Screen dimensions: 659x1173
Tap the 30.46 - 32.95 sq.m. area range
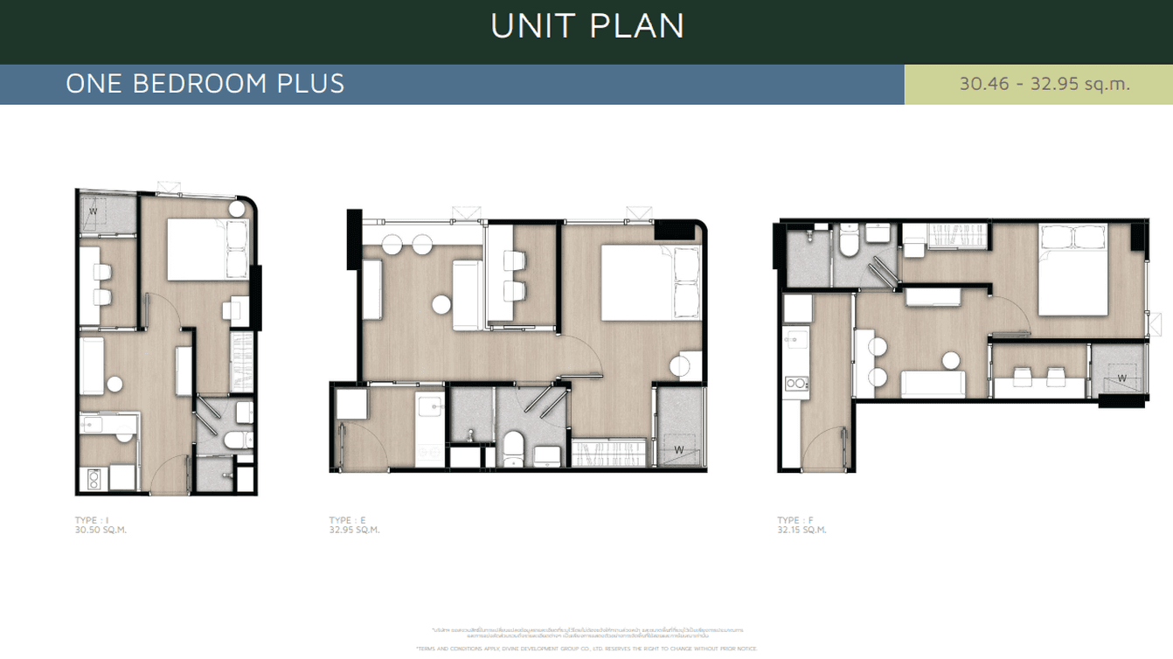point(1045,84)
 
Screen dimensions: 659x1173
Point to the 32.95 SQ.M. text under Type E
point(355,530)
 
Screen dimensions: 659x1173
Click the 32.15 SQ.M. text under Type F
point(802,530)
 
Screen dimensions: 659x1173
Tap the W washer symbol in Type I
point(93,211)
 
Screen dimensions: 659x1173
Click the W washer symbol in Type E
point(678,451)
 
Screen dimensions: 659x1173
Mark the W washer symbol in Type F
point(1121,378)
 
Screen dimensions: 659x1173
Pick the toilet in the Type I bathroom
point(235,440)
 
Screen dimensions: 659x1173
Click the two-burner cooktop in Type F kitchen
point(796,383)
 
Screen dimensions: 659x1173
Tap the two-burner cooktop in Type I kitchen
point(93,478)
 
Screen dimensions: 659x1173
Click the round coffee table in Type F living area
point(949,359)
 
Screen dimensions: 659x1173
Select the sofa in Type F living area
point(934,383)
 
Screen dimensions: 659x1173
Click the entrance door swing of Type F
point(822,451)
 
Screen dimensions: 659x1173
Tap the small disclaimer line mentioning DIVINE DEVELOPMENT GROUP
point(586,649)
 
